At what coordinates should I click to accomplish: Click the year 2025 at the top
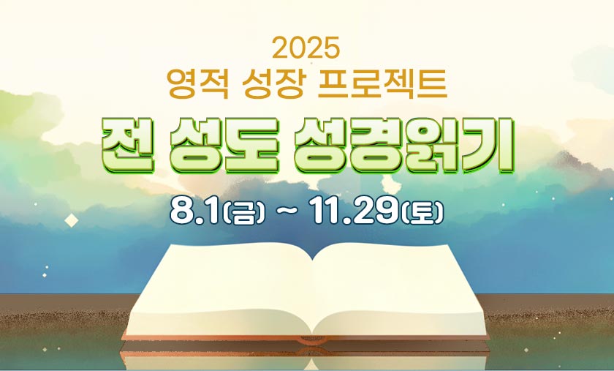[x=306, y=48]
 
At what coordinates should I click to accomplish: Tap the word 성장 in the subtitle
[x=273, y=83]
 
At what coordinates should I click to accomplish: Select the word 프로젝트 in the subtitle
[x=382, y=83]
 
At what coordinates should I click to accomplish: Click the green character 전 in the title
[x=128, y=146]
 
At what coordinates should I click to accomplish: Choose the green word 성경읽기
[x=404, y=146]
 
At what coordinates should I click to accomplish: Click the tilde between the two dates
[x=287, y=212]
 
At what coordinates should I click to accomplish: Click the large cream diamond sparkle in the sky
[x=72, y=220]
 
